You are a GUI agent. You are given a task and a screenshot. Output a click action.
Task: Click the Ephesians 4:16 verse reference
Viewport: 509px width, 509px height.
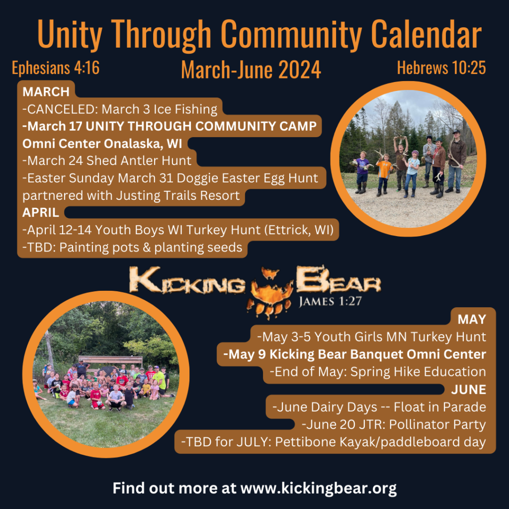56,68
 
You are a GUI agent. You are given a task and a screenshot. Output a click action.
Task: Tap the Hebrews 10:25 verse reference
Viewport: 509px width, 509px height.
441,68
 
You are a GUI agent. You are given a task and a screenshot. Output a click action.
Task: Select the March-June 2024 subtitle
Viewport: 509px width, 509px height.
251,70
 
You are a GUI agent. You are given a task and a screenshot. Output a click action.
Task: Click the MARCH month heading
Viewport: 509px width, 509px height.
46,92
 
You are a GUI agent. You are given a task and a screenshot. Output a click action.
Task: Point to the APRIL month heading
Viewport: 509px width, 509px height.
41,213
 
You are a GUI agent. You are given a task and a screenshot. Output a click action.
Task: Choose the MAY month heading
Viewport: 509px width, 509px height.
471,319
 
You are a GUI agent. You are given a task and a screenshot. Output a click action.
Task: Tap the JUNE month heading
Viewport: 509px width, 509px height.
468,389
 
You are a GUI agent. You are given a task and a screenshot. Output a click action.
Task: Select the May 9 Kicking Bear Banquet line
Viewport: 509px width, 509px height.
354,354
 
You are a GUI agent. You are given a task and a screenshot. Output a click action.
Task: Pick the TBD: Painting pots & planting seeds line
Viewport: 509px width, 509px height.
133,248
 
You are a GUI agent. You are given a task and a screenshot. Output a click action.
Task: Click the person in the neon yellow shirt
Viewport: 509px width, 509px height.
160,380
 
